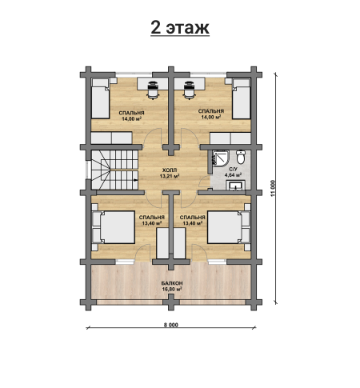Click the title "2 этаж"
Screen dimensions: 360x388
pos(180,28)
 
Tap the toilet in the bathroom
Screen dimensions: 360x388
pos(241,157)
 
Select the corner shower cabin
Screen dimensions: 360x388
pos(221,158)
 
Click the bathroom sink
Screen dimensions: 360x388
pos(236,186)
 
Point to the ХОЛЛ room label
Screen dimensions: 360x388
pos(170,170)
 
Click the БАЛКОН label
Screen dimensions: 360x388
pos(172,283)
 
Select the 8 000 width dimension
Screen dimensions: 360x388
pos(171,325)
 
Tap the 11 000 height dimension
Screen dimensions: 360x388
pos(272,188)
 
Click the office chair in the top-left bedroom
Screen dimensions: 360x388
pos(153,90)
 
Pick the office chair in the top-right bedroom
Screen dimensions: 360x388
pos(189,90)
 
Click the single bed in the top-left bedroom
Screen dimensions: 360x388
pos(101,98)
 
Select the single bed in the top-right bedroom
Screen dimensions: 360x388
pos(242,98)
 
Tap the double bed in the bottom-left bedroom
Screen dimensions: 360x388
pos(113,227)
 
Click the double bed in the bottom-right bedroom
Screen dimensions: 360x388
pos(229,227)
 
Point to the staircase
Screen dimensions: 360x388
pos(115,170)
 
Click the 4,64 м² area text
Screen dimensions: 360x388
pos(233,175)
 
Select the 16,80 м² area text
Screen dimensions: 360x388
pos(172,289)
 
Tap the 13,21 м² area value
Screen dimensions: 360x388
pos(170,176)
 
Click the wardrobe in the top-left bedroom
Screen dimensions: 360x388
pos(112,138)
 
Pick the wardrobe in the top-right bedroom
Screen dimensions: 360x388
pos(230,138)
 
